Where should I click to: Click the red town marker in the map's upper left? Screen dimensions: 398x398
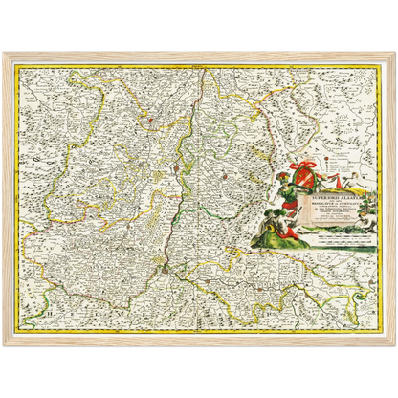(147, 120)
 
